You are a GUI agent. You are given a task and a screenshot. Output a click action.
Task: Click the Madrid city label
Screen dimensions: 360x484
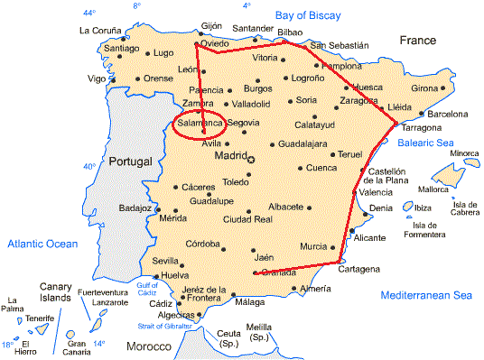coord(229,156)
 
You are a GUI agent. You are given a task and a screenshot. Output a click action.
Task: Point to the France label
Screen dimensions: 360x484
coord(418,41)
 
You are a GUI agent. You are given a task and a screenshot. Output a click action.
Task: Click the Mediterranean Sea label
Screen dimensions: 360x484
coord(426,295)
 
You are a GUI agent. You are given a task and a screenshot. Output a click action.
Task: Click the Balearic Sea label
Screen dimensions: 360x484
coord(425,143)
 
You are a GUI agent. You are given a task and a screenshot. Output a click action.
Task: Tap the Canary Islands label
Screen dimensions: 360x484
coord(56,292)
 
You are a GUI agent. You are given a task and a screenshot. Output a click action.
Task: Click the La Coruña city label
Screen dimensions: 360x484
coord(99,31)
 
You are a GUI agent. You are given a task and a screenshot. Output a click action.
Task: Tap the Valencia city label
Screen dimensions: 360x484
coord(376,191)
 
